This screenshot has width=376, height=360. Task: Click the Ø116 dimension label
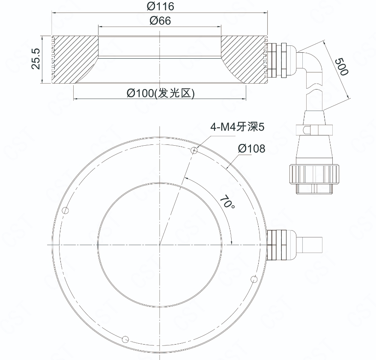tap(161, 6)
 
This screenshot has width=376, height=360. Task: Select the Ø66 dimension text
tap(161, 21)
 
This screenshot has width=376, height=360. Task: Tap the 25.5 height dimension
tap(36, 59)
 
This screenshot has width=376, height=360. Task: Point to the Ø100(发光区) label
tap(161, 93)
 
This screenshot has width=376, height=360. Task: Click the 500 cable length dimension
tap(341, 67)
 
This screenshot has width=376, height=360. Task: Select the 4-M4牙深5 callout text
tap(237, 127)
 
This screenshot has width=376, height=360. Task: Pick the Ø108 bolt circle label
tap(251, 149)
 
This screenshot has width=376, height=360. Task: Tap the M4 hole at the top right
tap(194, 150)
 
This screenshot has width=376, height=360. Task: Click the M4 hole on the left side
tap(65, 211)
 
